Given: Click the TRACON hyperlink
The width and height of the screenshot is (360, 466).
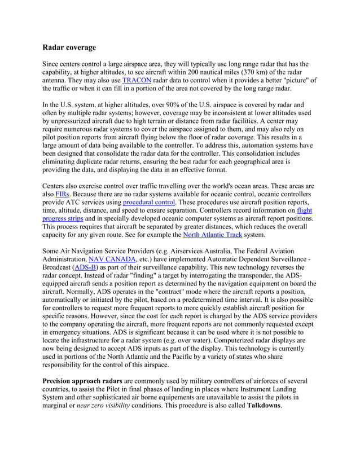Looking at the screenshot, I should (x=137, y=81).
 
